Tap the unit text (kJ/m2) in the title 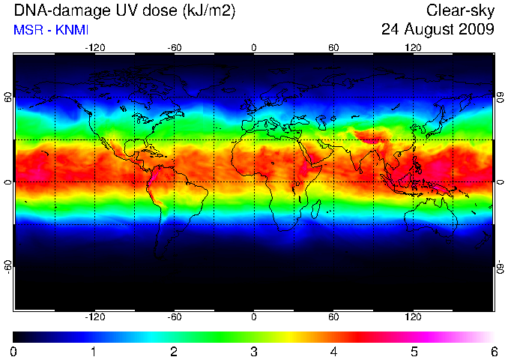209,11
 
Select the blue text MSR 28,30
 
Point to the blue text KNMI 72,30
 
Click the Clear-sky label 460,11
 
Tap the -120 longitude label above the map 95,48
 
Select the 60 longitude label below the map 333,316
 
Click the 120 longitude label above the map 413,48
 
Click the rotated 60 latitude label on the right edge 501,97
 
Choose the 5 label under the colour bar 414,352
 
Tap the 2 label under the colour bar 174,352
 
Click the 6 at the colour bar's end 494,352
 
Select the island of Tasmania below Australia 449,242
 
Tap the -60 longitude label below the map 175,316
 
